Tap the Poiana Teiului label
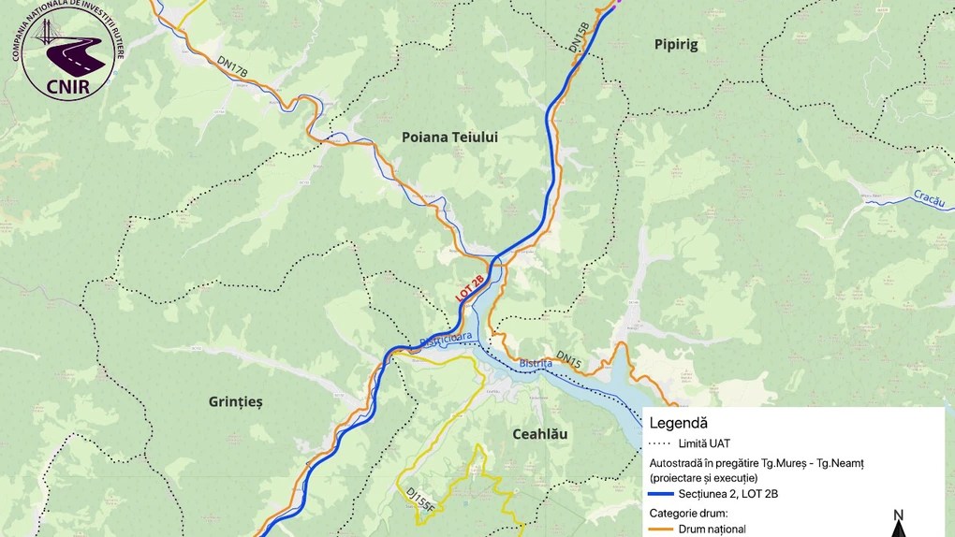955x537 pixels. (x=449, y=137)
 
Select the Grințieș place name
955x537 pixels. (x=235, y=401)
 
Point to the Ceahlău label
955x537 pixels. (x=539, y=434)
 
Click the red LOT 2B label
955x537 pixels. (x=470, y=287)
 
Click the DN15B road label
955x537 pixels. (x=580, y=36)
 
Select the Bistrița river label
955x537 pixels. (x=536, y=363)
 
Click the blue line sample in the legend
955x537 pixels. (x=661, y=493)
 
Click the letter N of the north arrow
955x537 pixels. (x=897, y=515)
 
